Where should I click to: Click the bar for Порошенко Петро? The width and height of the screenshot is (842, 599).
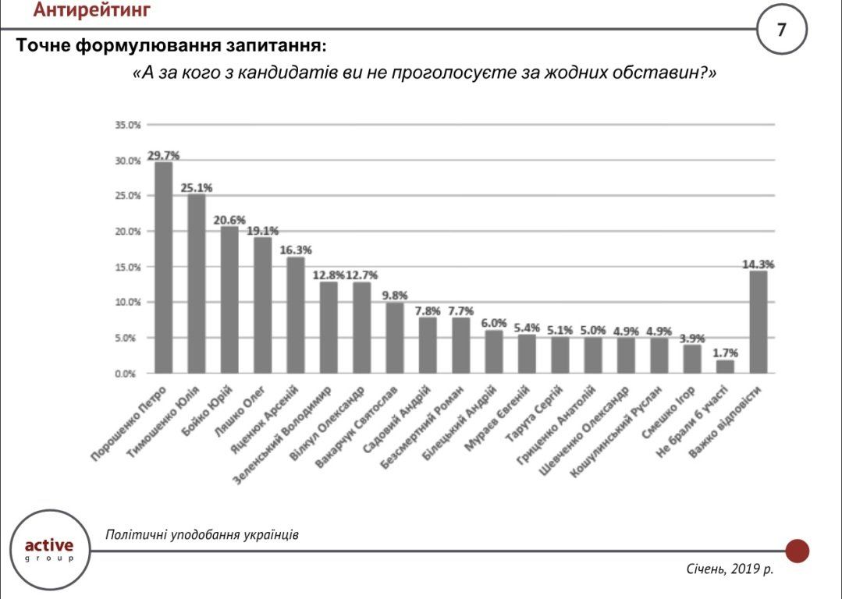coord(164,268)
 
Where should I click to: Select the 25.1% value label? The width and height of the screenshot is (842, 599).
coord(197,187)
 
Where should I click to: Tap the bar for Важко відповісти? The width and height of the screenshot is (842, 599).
coord(759,321)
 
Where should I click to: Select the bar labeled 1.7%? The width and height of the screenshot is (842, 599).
coord(726,366)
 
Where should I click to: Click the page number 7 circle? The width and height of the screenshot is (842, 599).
coord(781,30)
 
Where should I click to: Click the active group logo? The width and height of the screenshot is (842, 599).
coord(49,547)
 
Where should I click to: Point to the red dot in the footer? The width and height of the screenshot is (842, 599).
coord(797,551)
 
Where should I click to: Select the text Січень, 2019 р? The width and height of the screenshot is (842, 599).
coord(730,570)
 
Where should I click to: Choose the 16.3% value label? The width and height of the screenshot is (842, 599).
coord(295,250)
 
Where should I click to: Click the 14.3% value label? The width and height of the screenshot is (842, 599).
coord(758,264)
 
